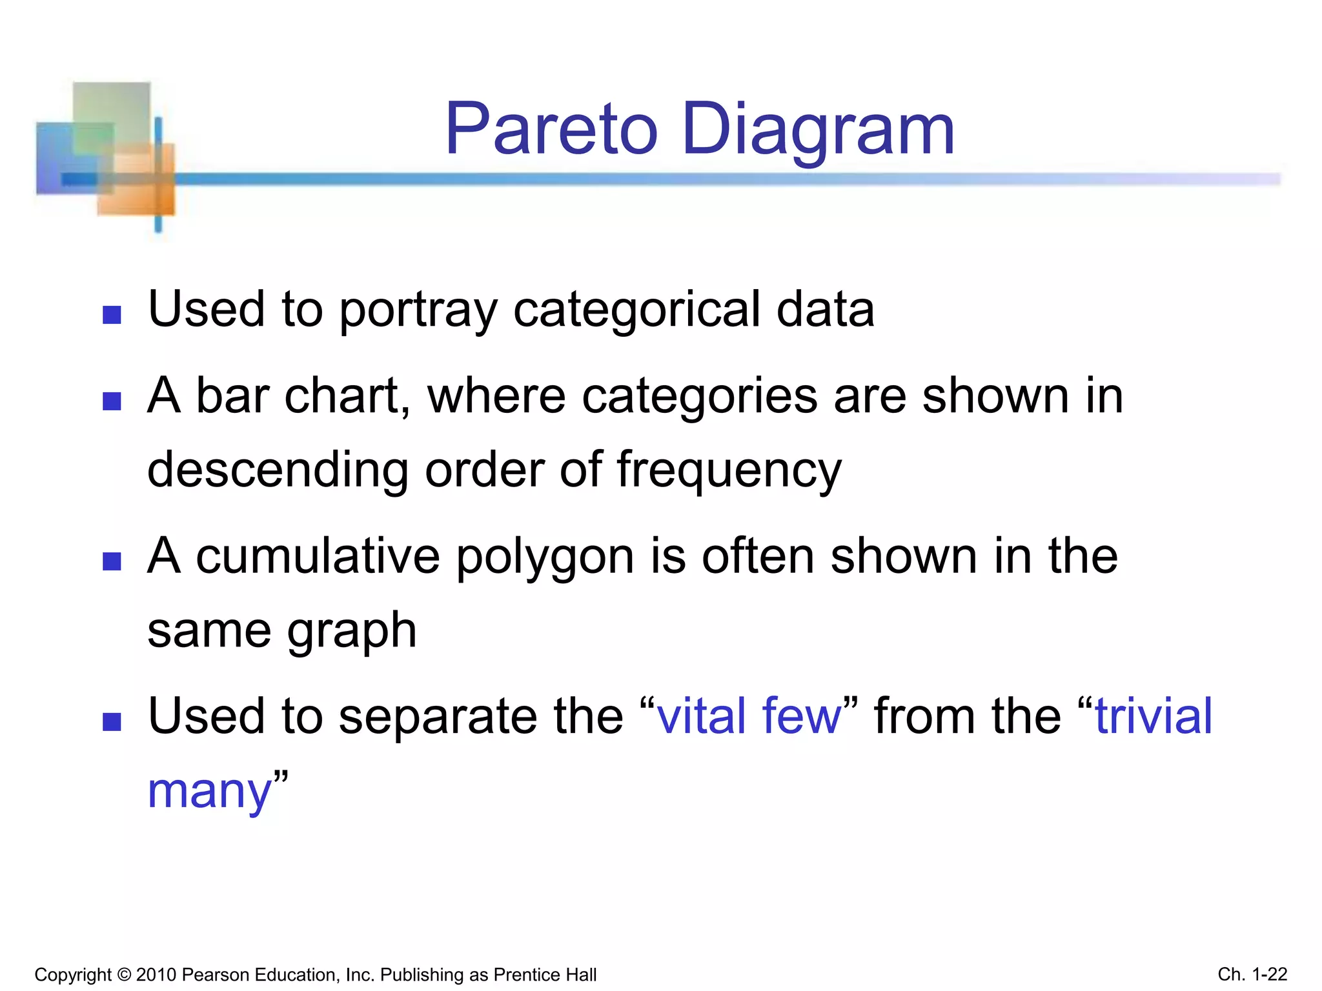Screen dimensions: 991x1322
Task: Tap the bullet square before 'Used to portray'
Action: point(112,315)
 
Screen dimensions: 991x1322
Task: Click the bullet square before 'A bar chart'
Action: point(112,402)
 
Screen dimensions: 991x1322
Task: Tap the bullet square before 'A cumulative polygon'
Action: point(112,561)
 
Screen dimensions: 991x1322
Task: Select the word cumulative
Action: point(318,556)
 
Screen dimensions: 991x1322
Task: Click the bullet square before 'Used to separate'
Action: point(112,721)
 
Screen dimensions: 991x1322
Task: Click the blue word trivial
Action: point(1154,716)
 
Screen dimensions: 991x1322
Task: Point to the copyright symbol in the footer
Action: point(125,974)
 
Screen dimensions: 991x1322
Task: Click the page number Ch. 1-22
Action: point(1252,974)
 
